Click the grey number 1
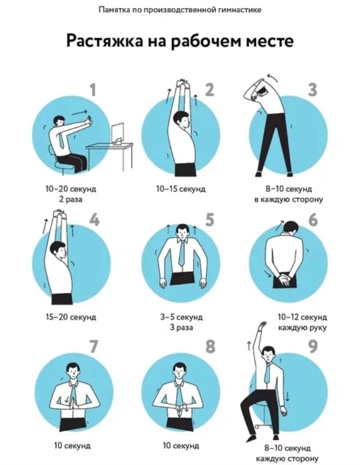click(x=93, y=89)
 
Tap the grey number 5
click(x=209, y=219)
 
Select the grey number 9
click(x=313, y=346)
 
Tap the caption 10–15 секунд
click(x=180, y=188)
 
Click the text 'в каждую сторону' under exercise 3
click(x=288, y=199)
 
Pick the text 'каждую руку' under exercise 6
click(x=302, y=327)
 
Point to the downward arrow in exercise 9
click(x=287, y=395)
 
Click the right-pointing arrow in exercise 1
click(x=80, y=112)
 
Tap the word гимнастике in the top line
click(x=239, y=10)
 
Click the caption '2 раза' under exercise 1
click(x=70, y=199)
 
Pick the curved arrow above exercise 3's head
click(x=273, y=77)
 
